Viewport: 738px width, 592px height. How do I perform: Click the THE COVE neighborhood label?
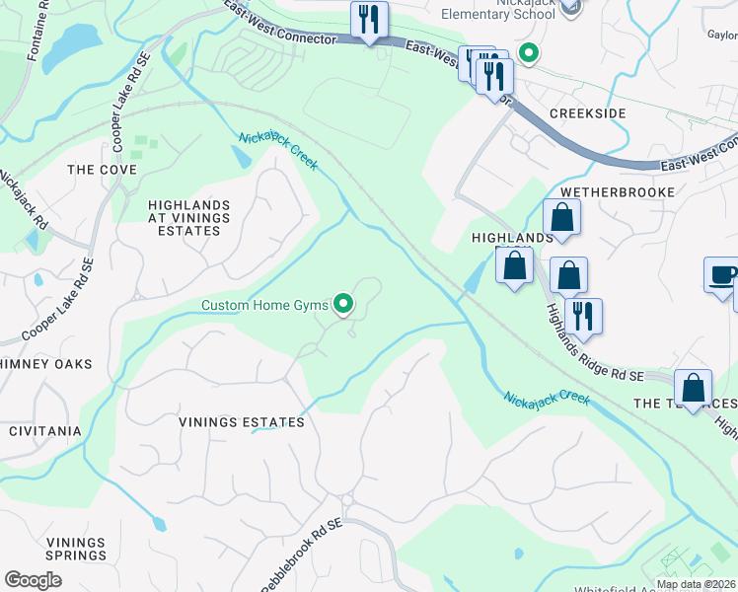click(102, 170)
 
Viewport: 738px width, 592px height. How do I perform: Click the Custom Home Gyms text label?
click(263, 305)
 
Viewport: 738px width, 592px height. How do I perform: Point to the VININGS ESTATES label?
click(242, 422)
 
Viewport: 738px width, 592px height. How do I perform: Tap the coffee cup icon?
click(723, 275)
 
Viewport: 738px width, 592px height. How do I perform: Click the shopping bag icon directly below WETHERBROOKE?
click(561, 218)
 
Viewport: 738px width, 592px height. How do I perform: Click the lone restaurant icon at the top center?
click(369, 19)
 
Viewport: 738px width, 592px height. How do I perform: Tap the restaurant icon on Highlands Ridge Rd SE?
click(584, 316)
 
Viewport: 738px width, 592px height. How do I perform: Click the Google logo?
click(33, 580)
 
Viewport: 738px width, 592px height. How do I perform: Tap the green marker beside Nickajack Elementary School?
click(528, 53)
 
